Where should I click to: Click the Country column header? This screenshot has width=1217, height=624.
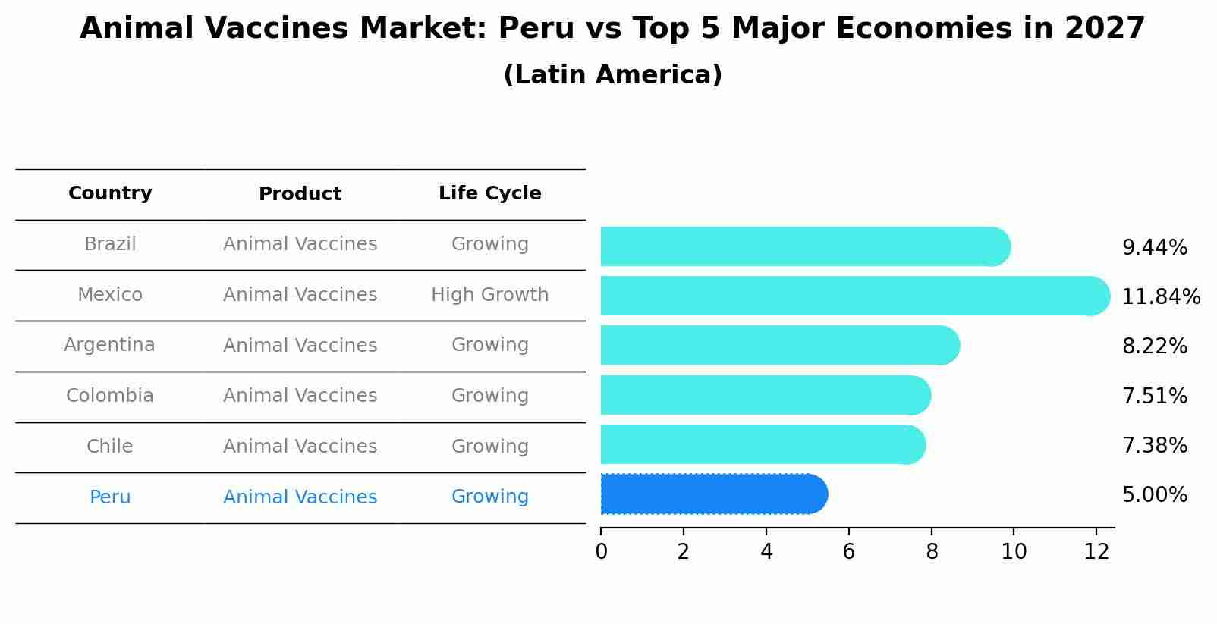tap(110, 193)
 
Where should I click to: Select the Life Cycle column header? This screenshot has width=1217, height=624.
tap(489, 193)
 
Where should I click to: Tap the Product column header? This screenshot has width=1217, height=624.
tap(300, 194)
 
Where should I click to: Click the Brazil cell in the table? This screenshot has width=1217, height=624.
tap(110, 244)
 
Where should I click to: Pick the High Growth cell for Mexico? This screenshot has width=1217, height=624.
tap(489, 295)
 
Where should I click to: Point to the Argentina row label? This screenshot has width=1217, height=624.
tap(109, 345)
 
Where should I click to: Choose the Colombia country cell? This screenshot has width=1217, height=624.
tap(110, 396)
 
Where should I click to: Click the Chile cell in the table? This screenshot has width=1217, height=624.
tap(110, 447)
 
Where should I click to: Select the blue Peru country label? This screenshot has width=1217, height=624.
tap(110, 497)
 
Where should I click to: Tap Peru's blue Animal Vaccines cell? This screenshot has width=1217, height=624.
tap(300, 497)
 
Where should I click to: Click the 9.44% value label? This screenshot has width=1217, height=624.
tap(1154, 248)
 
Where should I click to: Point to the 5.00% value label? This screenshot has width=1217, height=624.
tap(1154, 495)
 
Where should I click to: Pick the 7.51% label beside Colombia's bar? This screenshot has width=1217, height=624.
tap(1154, 396)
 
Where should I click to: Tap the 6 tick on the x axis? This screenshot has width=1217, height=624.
tap(848, 552)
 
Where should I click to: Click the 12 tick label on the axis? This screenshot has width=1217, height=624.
tap(1096, 552)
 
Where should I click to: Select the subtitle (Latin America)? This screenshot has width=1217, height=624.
tap(612, 75)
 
